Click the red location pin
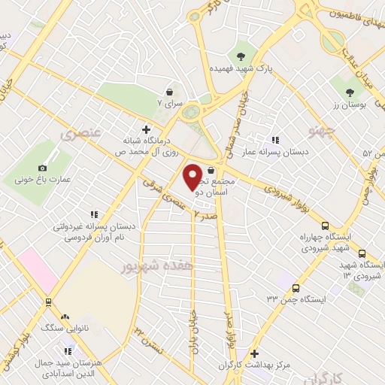tap(193, 176)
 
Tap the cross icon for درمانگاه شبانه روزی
tap(146, 129)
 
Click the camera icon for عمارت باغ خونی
tap(42, 168)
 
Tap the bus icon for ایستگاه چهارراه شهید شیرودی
tap(325, 225)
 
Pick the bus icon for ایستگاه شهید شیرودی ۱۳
tap(362, 254)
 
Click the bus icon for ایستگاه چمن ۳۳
tap(296, 288)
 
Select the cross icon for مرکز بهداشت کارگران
tap(255, 353)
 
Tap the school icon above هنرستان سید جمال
tap(68, 351)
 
